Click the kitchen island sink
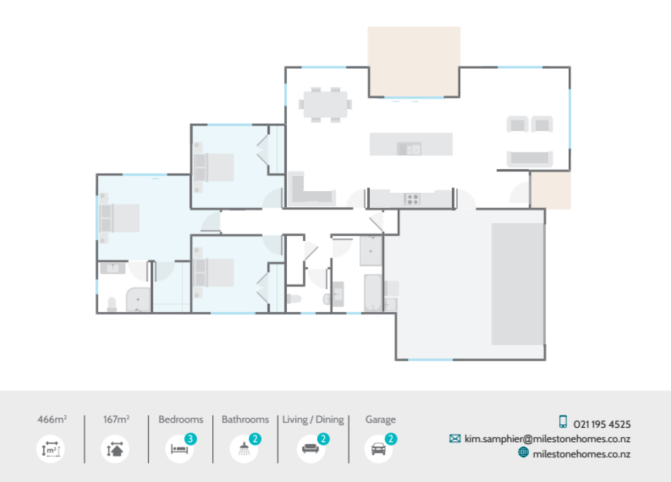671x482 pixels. [x=408, y=148]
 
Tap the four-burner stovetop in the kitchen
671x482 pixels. [x=412, y=199]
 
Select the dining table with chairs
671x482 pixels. [x=325, y=104]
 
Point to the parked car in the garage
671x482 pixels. [x=517, y=284]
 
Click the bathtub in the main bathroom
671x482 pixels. [x=372, y=293]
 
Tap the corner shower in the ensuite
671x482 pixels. [x=138, y=300]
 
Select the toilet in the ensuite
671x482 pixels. [x=112, y=304]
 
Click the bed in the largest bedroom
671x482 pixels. [x=120, y=218]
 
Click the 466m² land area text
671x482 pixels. [x=52, y=419]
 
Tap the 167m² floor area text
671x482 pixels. [x=116, y=419]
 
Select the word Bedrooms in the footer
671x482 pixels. [x=181, y=419]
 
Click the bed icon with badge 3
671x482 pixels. [x=180, y=449]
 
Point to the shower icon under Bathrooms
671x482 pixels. [x=244, y=449]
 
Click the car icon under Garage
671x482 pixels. [x=378, y=449]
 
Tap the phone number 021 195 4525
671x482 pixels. [x=602, y=425]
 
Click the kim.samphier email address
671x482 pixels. [x=547, y=439]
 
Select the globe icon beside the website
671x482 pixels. [x=523, y=453]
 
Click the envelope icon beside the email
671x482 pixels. [x=455, y=439]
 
